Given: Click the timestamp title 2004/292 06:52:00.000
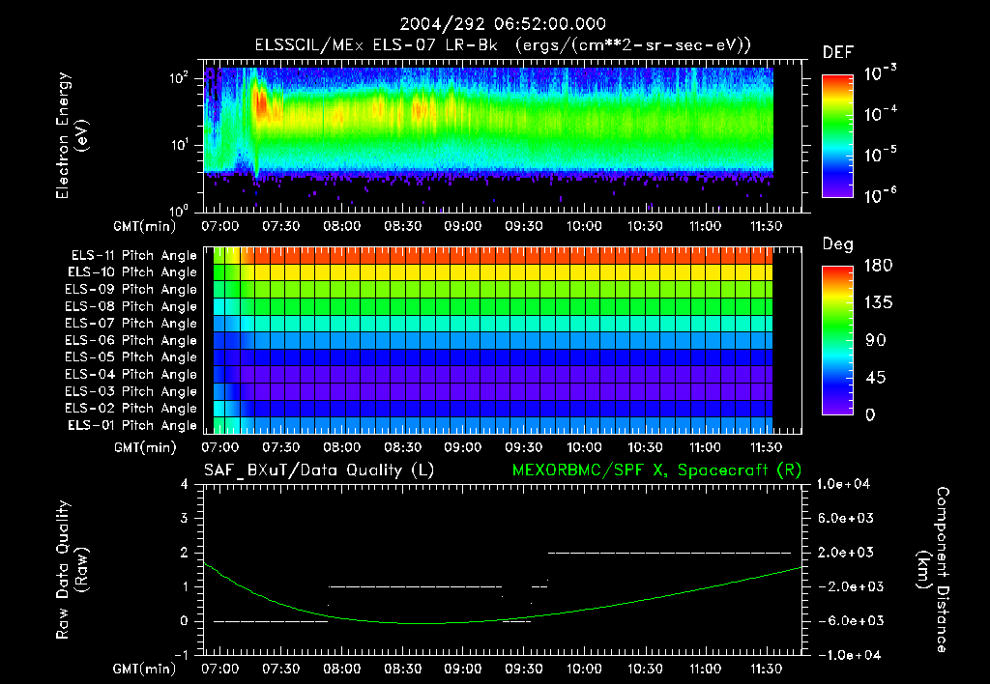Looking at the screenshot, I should coord(494,24).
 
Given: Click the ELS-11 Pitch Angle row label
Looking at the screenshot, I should coord(133,255).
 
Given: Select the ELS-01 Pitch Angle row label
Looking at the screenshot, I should coord(133,425).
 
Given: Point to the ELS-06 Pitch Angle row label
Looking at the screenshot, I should coord(133,340).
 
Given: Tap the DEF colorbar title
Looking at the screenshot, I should coord(837,53).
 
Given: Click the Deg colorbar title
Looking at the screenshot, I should coord(837,245).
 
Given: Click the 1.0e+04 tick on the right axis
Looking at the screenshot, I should coord(847,484).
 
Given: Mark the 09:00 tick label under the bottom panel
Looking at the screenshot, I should coord(463,668).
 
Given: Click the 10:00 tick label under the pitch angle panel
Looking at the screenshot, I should coord(584,447).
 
